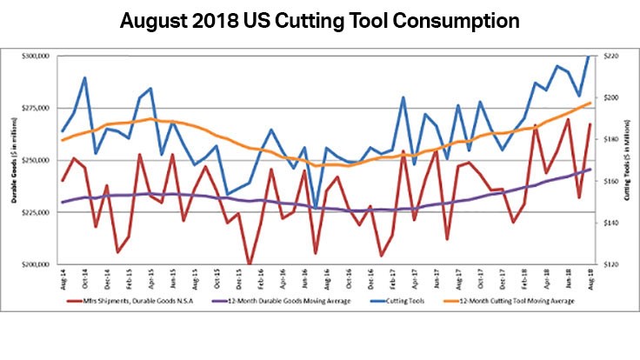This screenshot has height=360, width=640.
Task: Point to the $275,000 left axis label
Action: coord(39,108)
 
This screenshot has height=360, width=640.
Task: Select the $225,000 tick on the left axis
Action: coord(39,212)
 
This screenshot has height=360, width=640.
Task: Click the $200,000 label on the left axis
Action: coord(39,264)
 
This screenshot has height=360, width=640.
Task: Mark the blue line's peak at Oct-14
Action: coord(84,77)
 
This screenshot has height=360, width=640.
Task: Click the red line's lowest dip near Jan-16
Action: coord(249,263)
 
